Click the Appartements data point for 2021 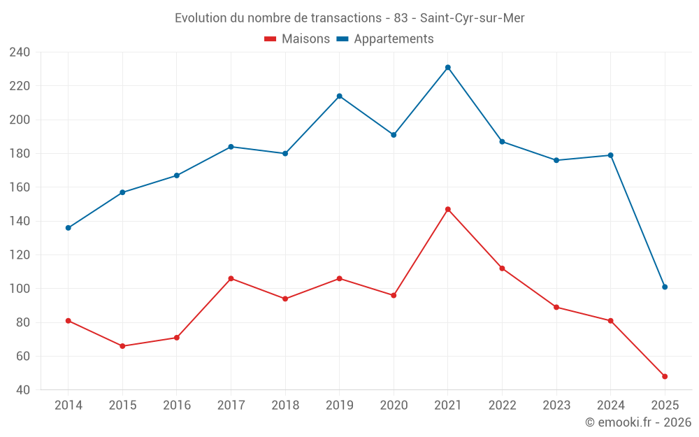coord(448,67)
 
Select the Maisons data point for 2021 coord(448,209)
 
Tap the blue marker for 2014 coord(68,228)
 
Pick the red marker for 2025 coord(665,376)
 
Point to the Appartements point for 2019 coord(339,96)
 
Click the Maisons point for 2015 coord(122,346)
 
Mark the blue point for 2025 coord(665,287)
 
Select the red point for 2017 coord(231,278)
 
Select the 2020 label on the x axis coord(394,406)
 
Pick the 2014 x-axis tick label coord(68,406)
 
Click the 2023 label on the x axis coord(556,406)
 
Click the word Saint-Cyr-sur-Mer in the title coord(472,18)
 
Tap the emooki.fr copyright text coord(638,422)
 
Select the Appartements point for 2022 coord(502,141)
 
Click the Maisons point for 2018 coord(285,299)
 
